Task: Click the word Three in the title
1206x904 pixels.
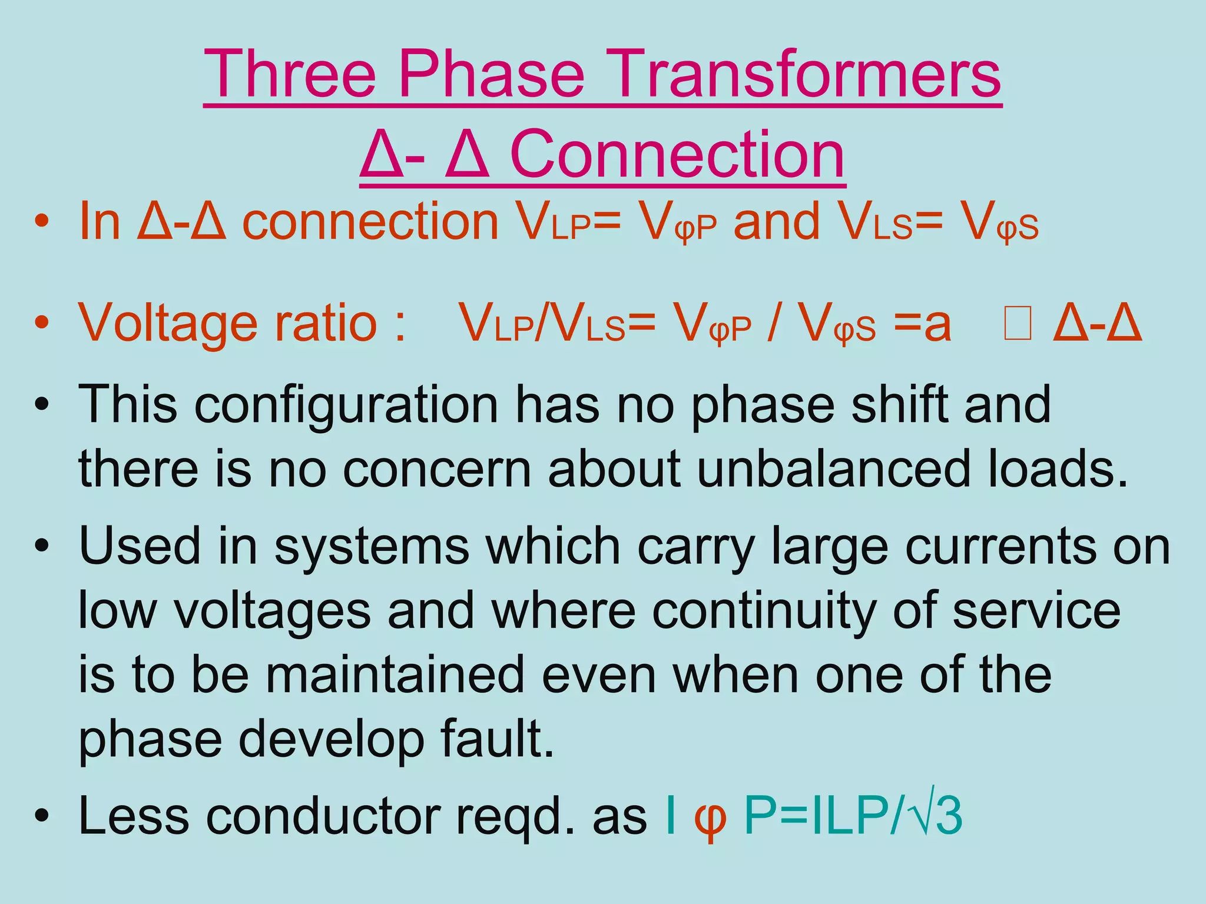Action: pyautogui.click(x=290, y=75)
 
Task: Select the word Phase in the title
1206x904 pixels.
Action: pyautogui.click(x=492, y=75)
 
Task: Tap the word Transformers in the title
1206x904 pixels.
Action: pyautogui.click(x=801, y=75)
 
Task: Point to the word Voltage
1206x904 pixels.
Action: pyautogui.click(x=168, y=323)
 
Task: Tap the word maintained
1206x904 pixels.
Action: pyautogui.click(x=395, y=674)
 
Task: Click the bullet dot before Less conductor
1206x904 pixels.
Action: pyautogui.click(x=41, y=816)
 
